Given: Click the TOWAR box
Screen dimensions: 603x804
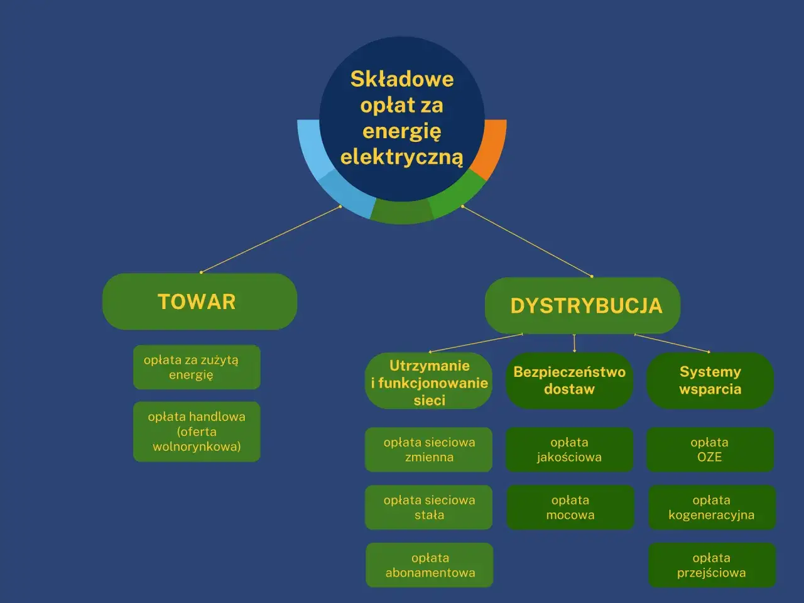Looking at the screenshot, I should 199,301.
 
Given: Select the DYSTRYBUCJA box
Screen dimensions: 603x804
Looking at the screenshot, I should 582,305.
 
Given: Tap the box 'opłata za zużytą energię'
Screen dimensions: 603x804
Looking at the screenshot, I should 196,367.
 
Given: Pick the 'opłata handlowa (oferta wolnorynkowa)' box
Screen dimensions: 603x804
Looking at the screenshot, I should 196,432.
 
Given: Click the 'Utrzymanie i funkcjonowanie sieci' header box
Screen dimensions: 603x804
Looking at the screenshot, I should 428,382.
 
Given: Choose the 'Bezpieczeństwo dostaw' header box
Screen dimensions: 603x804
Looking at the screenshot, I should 569,381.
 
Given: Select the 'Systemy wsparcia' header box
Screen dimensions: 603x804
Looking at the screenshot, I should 710,381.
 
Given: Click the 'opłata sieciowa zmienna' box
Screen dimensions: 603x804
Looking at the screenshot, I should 428,450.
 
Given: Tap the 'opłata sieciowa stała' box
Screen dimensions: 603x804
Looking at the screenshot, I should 428,508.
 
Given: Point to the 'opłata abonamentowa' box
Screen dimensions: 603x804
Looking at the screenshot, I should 430,565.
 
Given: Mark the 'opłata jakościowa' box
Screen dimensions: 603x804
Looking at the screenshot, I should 569,450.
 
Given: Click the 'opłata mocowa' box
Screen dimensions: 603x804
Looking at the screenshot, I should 570,508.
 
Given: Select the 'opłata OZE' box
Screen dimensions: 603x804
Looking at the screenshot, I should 710,450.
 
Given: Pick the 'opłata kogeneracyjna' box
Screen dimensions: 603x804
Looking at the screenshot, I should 712,508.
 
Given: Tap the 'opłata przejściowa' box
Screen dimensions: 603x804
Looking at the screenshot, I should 712,565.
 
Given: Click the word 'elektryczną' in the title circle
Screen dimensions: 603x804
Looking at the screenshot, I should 401,157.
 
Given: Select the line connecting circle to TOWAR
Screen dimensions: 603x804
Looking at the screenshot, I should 270,239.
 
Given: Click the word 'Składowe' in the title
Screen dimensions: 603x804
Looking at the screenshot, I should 401,79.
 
